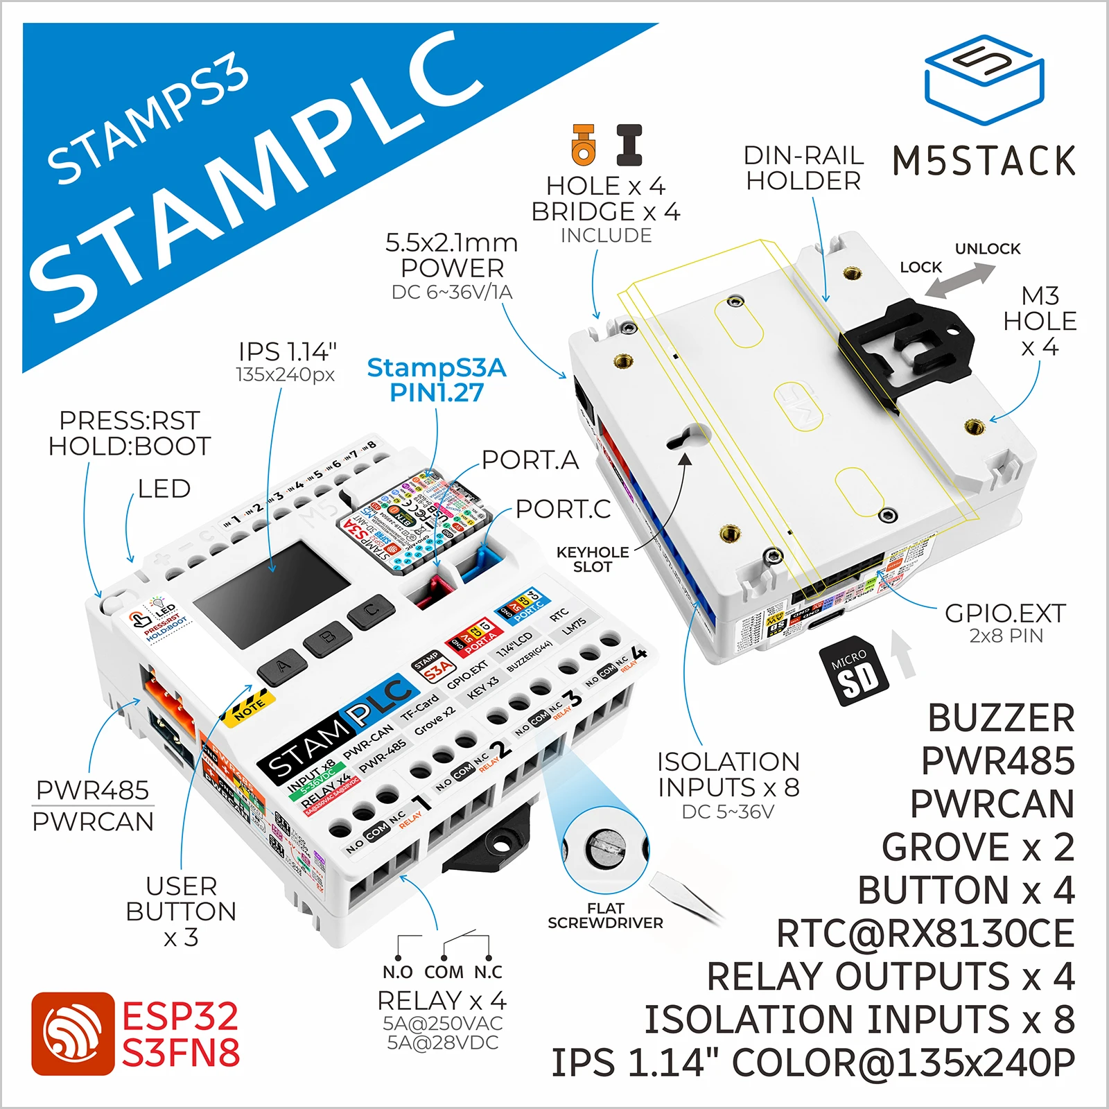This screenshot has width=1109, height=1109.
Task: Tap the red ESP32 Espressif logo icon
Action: [x=73, y=1033]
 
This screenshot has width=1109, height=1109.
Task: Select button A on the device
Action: [x=281, y=667]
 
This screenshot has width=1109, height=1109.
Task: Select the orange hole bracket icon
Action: [x=584, y=144]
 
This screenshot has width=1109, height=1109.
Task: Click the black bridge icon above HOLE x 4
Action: [x=629, y=144]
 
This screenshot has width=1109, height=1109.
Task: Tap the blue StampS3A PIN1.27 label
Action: [x=437, y=380]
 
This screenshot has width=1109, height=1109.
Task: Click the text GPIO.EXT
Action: [x=1005, y=613]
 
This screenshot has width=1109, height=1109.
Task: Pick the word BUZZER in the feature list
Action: [x=1001, y=718]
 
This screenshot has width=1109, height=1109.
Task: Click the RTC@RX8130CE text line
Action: [x=925, y=933]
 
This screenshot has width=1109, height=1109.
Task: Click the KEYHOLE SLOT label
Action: [x=593, y=559]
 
